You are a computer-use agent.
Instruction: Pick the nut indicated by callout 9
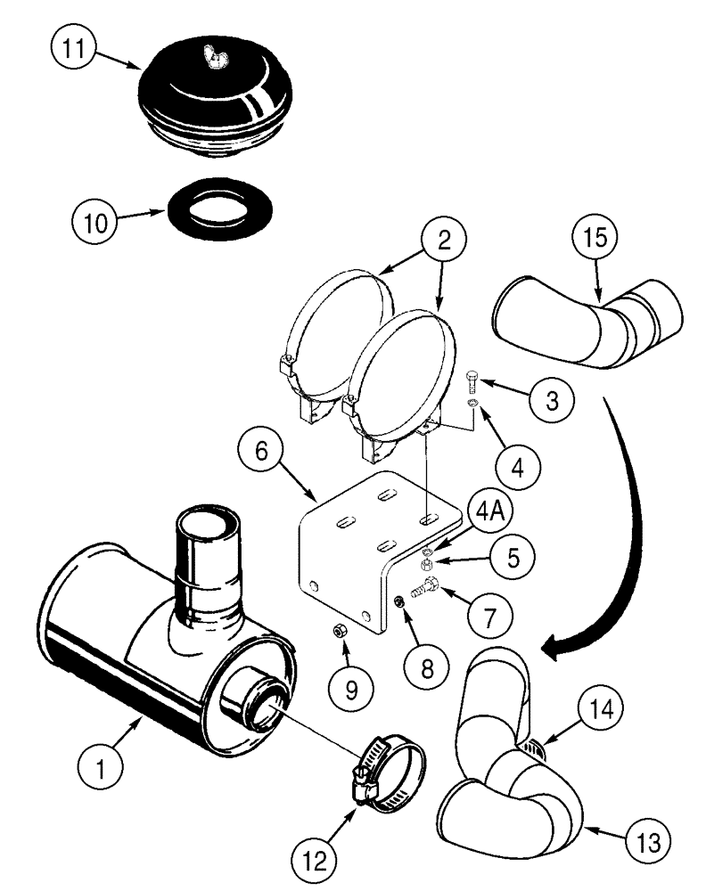coord(340,632)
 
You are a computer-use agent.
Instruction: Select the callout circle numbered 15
coord(599,244)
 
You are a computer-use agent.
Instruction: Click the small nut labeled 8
coord(400,603)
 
